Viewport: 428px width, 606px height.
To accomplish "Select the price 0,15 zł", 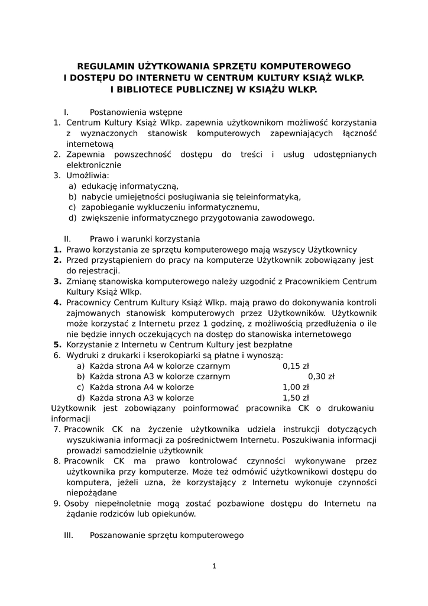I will pos(296,366).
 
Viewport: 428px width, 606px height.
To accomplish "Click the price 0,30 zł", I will pos(321,376).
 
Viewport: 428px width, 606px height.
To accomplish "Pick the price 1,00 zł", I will pos(296,387).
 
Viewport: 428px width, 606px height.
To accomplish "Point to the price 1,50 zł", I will pos(296,398).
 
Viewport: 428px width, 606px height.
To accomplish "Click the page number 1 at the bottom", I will pos(214,566).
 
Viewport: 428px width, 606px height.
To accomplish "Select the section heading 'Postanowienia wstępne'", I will pos(136,112).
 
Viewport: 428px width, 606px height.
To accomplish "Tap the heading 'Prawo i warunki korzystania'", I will pos(145,239).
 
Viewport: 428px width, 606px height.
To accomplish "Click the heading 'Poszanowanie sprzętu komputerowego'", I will pos(167,535).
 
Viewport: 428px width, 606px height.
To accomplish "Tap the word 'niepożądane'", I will pos(92,493).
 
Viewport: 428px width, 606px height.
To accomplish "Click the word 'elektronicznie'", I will pos(94,165).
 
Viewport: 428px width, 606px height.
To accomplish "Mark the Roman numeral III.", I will pos(68,535).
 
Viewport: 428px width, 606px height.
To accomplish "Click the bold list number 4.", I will pos(57,302).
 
